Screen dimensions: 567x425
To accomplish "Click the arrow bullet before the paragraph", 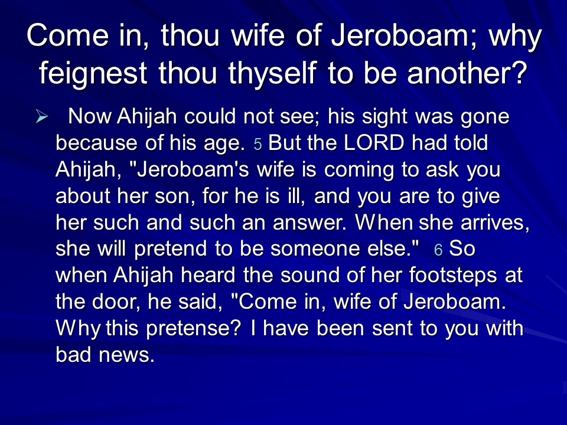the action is tap(42, 117).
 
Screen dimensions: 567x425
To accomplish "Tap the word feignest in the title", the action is tap(93, 73).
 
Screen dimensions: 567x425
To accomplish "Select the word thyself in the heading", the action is tap(273, 73).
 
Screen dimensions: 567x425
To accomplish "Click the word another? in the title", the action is tap(467, 73).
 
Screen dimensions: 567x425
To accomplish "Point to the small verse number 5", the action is tap(258, 144).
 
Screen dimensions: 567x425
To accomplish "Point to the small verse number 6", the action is tap(438, 250).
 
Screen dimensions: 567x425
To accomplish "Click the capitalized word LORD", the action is tap(374, 142).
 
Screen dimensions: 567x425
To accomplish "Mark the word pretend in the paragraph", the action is tap(171, 249).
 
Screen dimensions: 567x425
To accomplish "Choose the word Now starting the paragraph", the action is tap(90, 116).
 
